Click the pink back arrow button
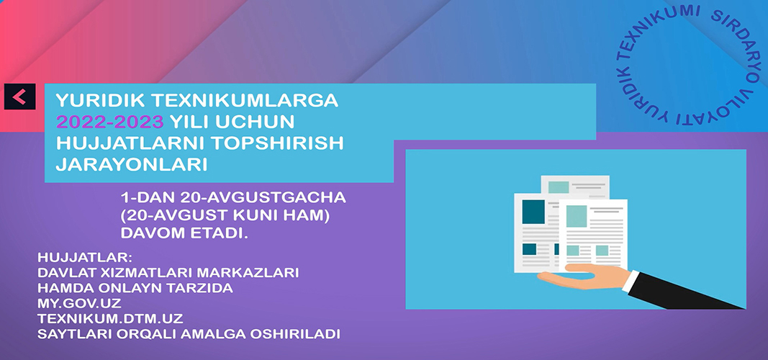coord(19,96)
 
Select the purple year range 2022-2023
coord(109,122)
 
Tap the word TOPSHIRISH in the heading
coord(271,143)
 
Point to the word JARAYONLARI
coord(131,165)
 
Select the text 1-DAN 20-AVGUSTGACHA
coord(233,198)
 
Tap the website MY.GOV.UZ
coord(79,303)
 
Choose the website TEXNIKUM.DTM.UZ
coord(110,319)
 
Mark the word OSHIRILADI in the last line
coord(295,334)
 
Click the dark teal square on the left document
coord(533,212)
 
